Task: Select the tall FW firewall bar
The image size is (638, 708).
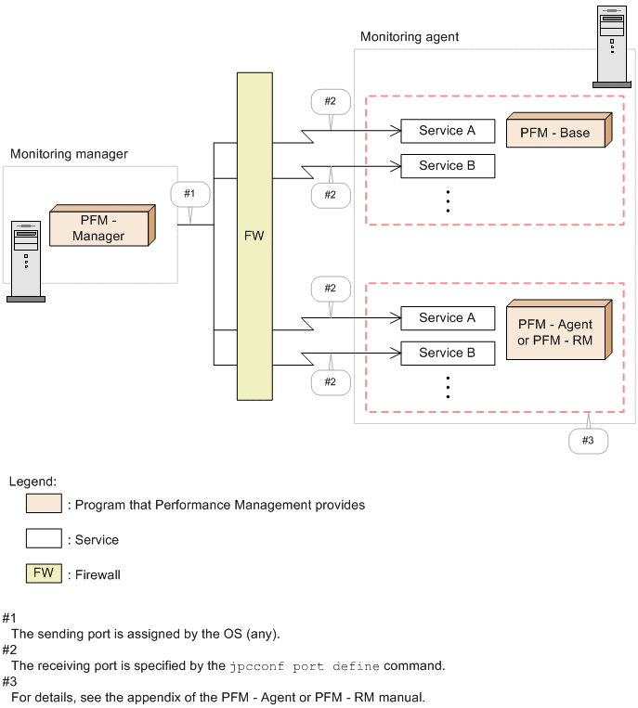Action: pyautogui.click(x=254, y=236)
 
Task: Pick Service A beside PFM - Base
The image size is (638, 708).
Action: pyautogui.click(x=447, y=131)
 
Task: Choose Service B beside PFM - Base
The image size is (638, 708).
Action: pyautogui.click(x=447, y=166)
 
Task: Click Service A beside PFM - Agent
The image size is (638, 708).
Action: pyautogui.click(x=447, y=318)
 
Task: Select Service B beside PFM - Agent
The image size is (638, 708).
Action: pyautogui.click(x=447, y=354)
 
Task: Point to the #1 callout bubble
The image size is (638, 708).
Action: pyautogui.click(x=189, y=194)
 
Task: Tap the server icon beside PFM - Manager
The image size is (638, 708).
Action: pyautogui.click(x=26, y=261)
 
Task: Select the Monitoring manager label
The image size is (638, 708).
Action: pyautogui.click(x=69, y=153)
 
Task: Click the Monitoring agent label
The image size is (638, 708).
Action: pyautogui.click(x=410, y=37)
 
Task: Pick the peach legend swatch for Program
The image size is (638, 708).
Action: pyautogui.click(x=44, y=505)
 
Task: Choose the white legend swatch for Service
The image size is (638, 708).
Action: pyautogui.click(x=44, y=539)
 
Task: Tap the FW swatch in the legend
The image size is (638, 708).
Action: pyautogui.click(x=44, y=573)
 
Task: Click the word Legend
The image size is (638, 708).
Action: pyautogui.click(x=33, y=482)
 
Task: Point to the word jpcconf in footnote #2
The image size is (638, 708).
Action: pyautogui.click(x=254, y=666)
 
